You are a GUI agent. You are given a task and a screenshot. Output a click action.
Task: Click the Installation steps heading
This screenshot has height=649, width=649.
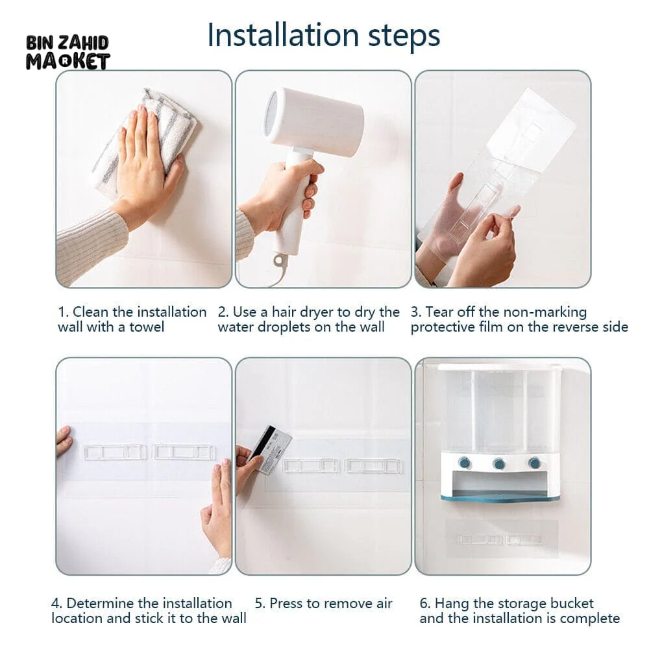coord(323,36)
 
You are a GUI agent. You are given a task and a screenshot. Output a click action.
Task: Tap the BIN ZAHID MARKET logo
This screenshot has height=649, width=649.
coord(68,53)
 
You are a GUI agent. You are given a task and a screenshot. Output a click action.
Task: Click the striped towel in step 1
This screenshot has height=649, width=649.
coord(145,136)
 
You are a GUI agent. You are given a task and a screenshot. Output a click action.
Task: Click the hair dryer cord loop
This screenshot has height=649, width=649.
coord(280,261)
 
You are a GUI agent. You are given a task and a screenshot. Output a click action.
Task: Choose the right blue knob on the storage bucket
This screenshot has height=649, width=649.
coord(534,463)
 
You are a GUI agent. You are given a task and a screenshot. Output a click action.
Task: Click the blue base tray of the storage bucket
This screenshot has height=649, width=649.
coord(501,496)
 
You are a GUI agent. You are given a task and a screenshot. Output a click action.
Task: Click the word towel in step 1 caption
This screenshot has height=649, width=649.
coord(147,327)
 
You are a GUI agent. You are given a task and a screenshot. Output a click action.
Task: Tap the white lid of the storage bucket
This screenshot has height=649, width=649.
coord(500,367)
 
